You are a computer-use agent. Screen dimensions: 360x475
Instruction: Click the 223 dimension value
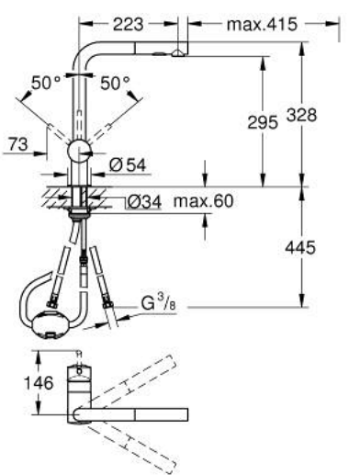pyautogui.click(x=128, y=24)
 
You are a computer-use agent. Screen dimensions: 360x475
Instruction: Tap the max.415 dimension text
pyautogui.click(x=262, y=24)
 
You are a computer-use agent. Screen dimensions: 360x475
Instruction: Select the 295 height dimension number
pyautogui.click(x=263, y=122)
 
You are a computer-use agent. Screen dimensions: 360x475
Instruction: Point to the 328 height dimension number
pyautogui.click(x=301, y=115)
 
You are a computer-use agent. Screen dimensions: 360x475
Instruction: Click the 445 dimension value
pyautogui.click(x=300, y=247)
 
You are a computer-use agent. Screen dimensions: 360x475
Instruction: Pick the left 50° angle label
pyautogui.click(x=46, y=83)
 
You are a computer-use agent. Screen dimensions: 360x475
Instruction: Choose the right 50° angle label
pyautogui.click(x=115, y=83)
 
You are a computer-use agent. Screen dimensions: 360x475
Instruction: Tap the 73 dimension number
pyautogui.click(x=18, y=144)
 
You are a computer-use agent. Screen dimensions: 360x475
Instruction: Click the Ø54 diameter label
pyautogui.click(x=128, y=165)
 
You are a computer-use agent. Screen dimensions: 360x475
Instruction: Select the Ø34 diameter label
pyautogui.click(x=144, y=202)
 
